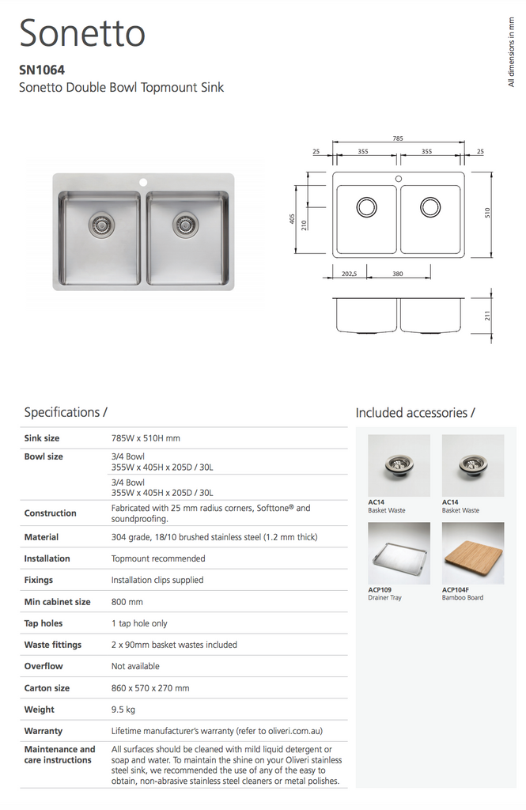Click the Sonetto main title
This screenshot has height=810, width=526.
82,33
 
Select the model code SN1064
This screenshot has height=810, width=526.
42,70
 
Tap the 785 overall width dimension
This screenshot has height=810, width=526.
397,138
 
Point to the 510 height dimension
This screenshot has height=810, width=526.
487,213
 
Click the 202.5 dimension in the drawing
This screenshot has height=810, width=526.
350,274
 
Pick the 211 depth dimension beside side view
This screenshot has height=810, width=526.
487,315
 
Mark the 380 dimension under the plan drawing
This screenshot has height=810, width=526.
398,274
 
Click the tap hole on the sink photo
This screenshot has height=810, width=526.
143,182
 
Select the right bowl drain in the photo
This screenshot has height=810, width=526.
184,225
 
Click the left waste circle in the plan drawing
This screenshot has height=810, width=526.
366,207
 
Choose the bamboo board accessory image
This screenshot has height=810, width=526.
473,553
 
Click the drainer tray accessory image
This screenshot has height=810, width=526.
399,553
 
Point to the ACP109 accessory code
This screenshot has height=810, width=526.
380,589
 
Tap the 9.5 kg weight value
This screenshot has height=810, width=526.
123,710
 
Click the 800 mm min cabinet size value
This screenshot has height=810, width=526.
127,602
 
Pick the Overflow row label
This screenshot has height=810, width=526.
44,666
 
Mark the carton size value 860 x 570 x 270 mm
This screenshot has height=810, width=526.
150,688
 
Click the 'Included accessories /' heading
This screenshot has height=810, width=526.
415,413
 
